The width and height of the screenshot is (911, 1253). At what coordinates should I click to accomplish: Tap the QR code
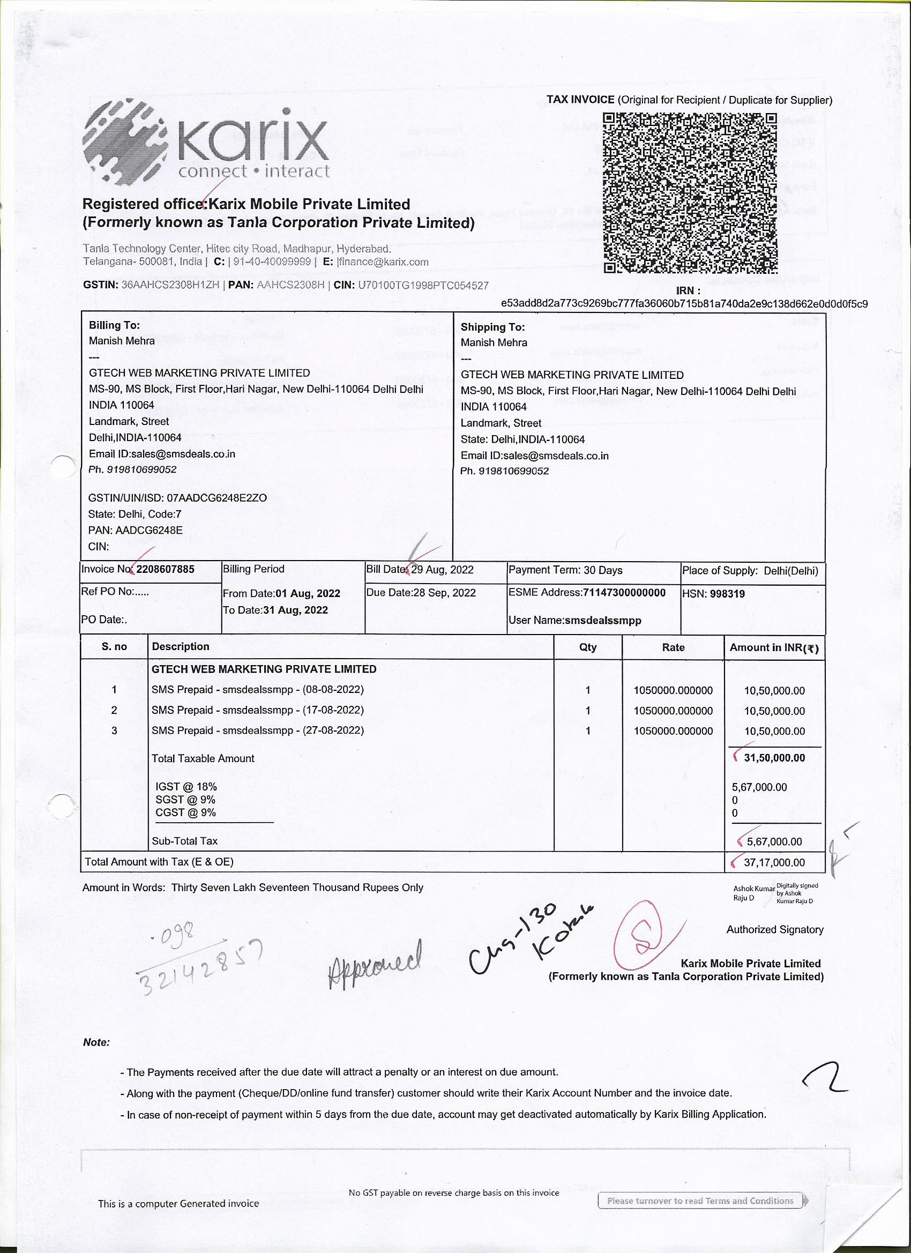point(690,193)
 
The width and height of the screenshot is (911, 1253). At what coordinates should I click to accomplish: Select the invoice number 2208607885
point(165,570)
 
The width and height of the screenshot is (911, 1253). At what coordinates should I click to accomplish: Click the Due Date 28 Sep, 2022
point(444,593)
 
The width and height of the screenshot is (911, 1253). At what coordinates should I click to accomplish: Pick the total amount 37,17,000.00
point(774,862)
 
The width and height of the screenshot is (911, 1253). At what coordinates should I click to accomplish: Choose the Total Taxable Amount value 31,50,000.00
point(774,758)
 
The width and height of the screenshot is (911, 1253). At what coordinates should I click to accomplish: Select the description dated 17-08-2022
point(257,710)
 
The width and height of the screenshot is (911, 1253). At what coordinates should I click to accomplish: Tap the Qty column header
point(588,647)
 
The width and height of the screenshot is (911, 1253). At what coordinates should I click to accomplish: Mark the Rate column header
point(673,647)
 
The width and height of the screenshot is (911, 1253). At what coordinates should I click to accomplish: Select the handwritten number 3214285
point(199,961)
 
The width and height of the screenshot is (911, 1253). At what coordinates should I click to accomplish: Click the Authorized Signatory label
point(774,930)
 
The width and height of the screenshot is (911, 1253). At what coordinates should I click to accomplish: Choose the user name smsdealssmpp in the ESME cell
point(603,621)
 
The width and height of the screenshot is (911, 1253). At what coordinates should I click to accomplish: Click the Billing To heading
point(114,325)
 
